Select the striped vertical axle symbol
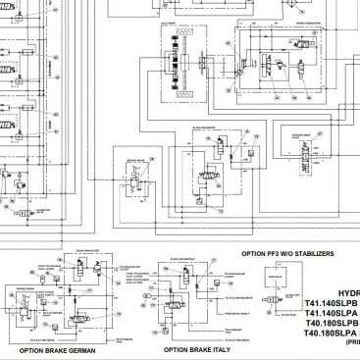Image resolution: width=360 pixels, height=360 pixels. click(x=180, y=65)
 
